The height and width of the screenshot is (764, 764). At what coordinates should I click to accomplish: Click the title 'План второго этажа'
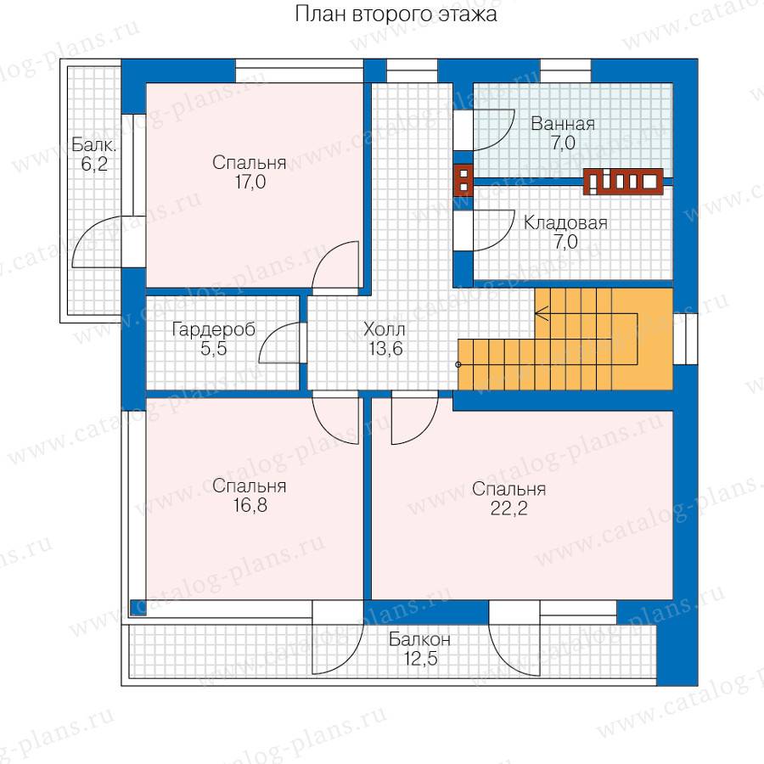396,14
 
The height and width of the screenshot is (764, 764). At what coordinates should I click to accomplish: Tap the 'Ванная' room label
563,124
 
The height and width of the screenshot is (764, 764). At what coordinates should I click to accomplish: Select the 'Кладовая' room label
565,223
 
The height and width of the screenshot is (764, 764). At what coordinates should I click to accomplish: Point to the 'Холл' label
385,330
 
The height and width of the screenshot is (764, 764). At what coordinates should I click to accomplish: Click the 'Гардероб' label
213,330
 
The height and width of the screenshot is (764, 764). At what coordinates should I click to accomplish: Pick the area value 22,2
508,508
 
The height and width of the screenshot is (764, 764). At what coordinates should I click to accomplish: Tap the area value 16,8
250,505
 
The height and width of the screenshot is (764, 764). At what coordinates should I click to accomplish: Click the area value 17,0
250,183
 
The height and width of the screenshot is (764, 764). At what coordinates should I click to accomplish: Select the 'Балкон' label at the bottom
419,639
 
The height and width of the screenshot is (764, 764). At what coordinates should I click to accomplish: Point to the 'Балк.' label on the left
94,144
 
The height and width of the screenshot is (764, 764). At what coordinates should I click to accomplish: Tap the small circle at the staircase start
458,364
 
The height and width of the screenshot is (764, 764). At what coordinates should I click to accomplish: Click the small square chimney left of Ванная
463,179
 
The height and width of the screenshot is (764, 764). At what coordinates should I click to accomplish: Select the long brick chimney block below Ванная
623,182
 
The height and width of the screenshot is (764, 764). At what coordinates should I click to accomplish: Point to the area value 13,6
386,349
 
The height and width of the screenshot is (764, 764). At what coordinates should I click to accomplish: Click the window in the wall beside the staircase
686,339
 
